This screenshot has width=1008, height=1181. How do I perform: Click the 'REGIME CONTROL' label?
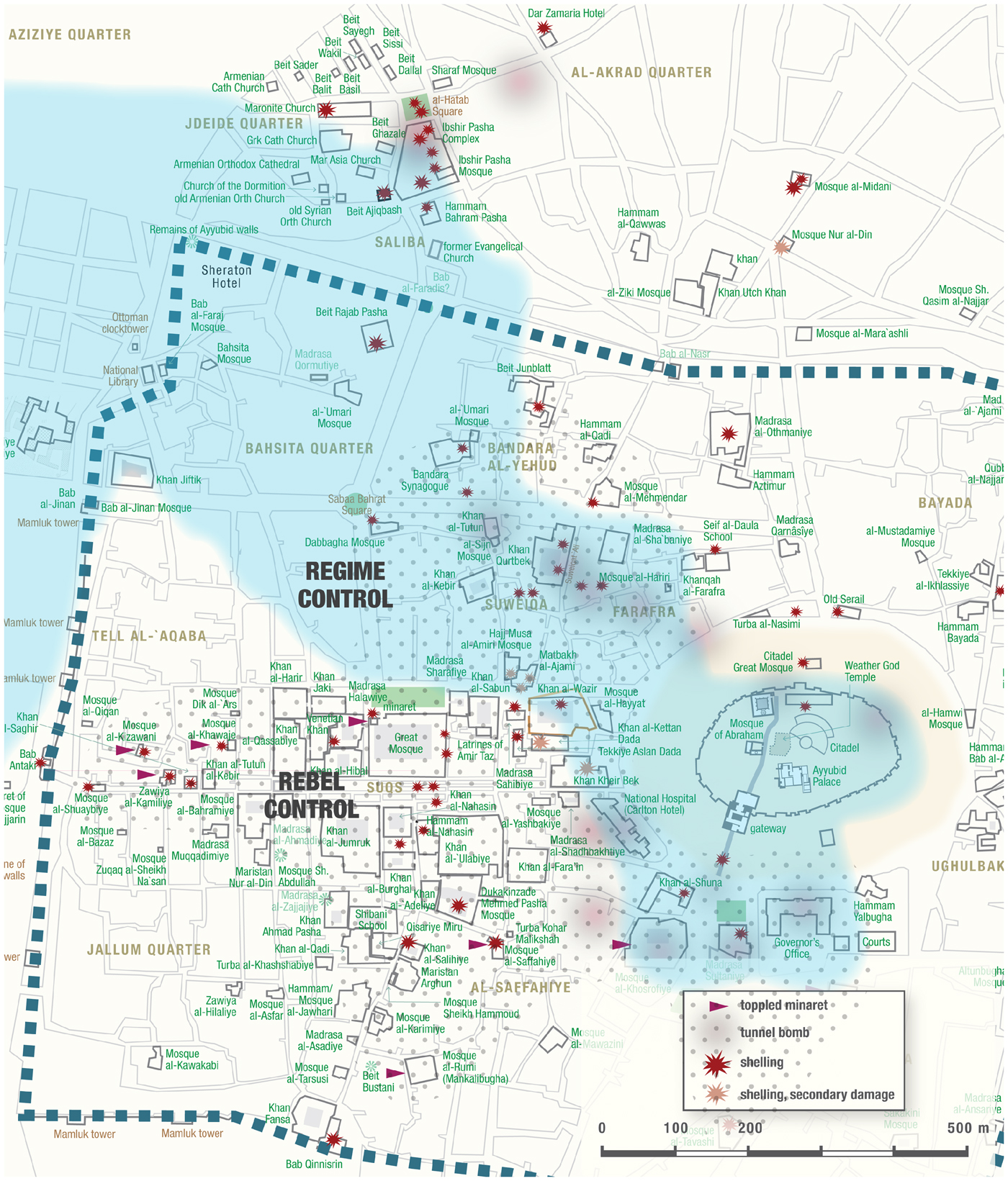pos(345,585)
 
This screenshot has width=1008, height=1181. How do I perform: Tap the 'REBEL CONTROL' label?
pos(311,795)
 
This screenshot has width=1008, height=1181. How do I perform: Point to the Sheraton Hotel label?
pos(226,276)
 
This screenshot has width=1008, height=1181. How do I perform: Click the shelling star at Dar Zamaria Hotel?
pos(544,28)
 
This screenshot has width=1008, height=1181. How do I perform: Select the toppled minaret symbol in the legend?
pos(719,1006)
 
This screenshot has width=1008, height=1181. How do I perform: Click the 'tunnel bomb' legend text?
pos(774,1033)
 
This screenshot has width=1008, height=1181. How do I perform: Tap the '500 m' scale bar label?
pos(968,1128)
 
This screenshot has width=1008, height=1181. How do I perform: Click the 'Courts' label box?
pos(876,941)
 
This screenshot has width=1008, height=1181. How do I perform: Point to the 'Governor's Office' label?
pos(796,948)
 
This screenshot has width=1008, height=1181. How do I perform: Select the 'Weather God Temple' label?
pos(871,671)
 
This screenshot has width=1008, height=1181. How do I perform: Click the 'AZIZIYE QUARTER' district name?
pos(70,35)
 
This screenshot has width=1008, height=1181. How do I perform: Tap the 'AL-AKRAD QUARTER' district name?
pos(641,73)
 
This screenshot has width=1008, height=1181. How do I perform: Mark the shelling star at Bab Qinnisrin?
pos(333,1139)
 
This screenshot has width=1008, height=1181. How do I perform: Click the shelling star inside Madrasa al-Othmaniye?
pos(729,433)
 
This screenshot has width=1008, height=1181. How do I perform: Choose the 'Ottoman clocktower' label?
pos(125,323)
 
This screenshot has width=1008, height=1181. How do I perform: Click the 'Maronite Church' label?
pos(280,109)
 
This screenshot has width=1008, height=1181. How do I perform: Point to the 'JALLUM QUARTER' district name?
pos(149,950)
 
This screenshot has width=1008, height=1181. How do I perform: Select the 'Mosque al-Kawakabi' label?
pos(192,1059)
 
